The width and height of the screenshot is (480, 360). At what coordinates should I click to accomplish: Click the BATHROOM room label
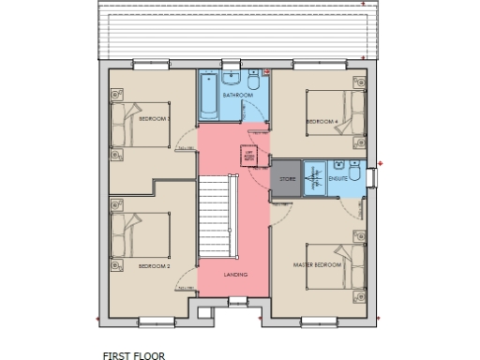237,96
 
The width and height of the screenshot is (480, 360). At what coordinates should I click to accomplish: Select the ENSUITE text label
338,177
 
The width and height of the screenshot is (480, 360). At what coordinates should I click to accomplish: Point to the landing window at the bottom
235,300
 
